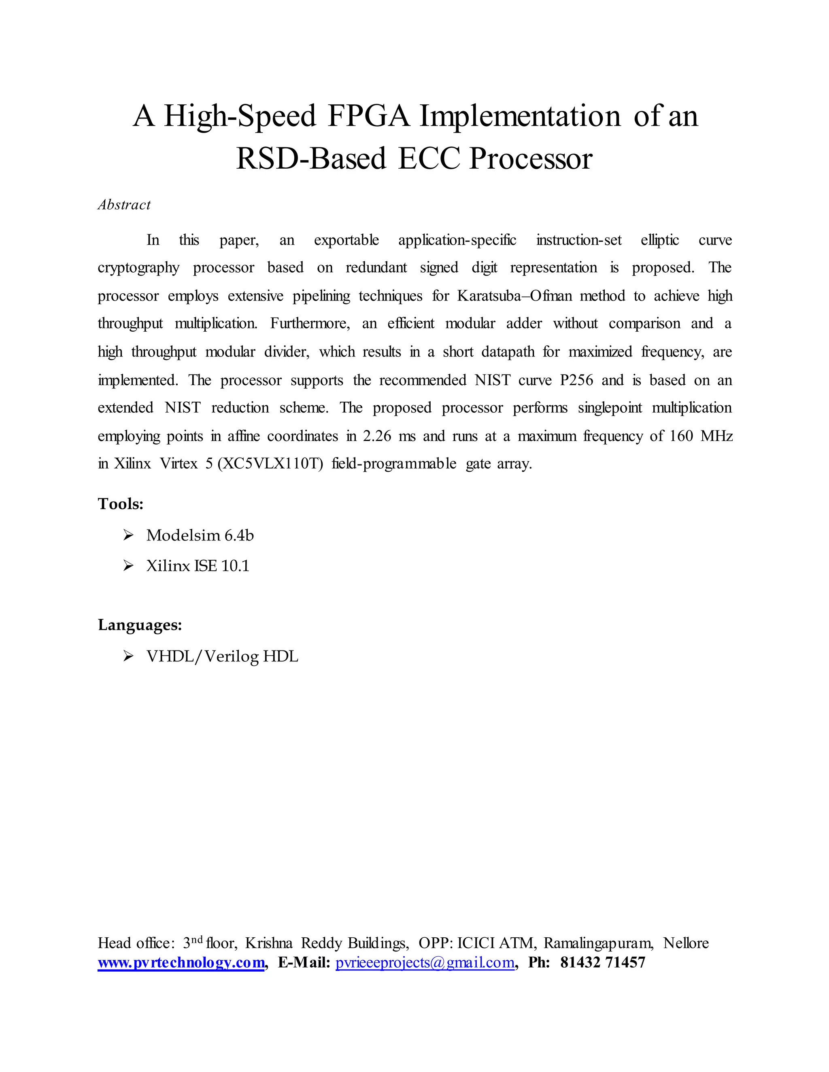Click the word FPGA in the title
coord(368,117)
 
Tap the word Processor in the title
coord(531,159)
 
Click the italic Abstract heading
coord(124,205)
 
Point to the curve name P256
coord(576,380)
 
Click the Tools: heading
coord(120,504)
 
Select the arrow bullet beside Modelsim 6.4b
coord(128,535)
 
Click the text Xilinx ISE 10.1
coord(198,566)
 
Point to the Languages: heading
coord(140,625)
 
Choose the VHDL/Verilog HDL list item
coord(222,656)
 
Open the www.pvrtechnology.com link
coord(181,962)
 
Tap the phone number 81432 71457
coord(603,962)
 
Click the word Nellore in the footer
coord(686,943)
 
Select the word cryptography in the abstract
coord(138,268)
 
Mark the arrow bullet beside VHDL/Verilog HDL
coord(128,656)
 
